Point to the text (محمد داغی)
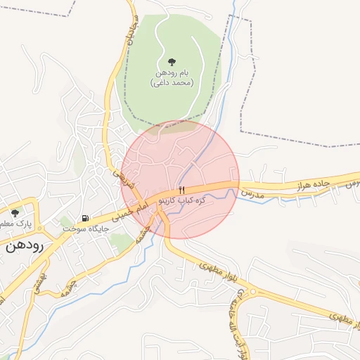coord(172,83)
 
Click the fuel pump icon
coord(85,219)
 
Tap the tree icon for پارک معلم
coord(15,212)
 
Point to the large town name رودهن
coord(25,246)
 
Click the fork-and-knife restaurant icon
coord(182,191)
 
